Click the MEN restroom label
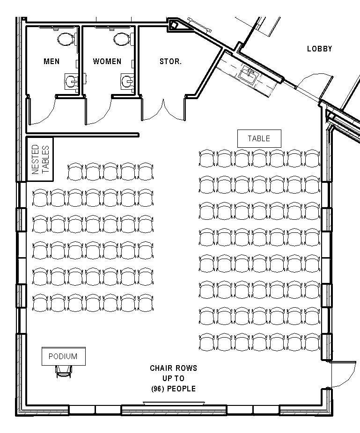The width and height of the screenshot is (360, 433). coord(51,61)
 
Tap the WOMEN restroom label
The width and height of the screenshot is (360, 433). coord(107,61)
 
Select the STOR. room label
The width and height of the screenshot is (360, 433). coord(170,61)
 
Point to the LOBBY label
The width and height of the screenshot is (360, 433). coord(319,49)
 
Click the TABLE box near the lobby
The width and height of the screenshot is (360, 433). coord(259,138)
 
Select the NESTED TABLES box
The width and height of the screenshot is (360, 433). coord(40,159)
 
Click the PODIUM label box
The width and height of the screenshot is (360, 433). coord(63,356)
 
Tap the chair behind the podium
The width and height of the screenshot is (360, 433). coord(64,370)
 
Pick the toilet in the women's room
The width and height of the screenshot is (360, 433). coord(122,38)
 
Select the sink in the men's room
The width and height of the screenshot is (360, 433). coord(71,82)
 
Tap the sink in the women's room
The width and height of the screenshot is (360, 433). coord(127,82)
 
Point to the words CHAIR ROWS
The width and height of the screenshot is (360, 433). coord(173,368)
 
